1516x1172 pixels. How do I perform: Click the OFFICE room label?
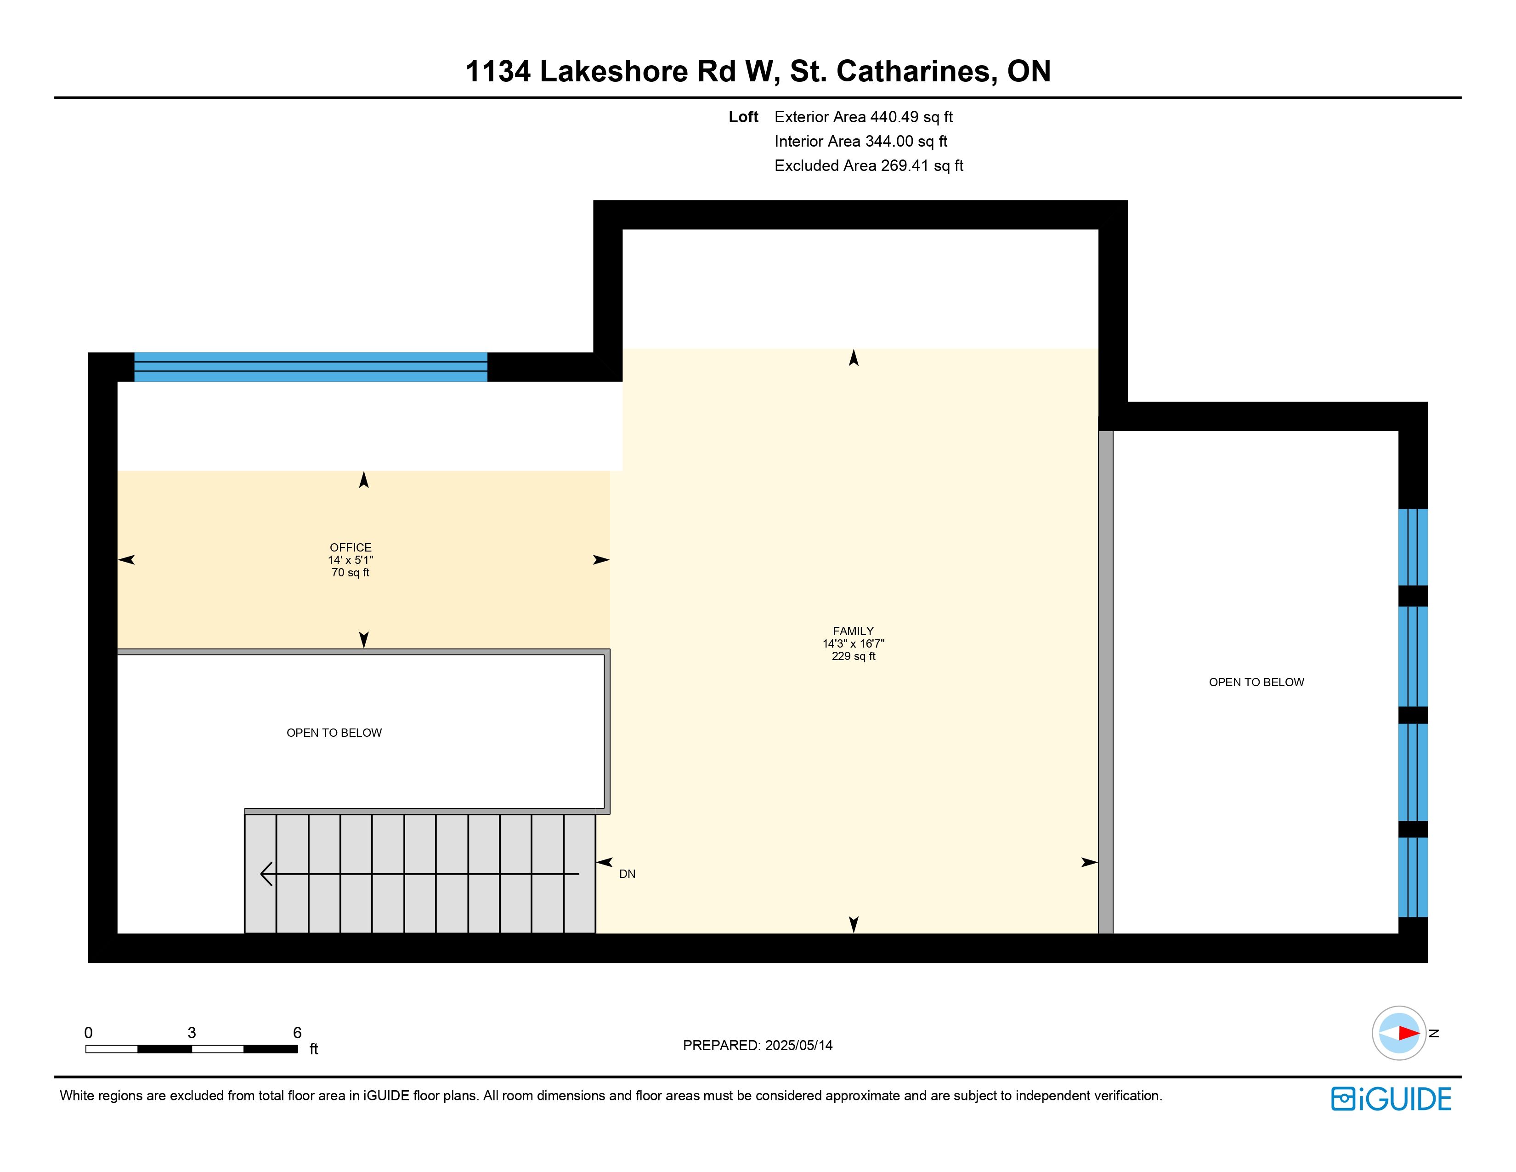tap(351, 548)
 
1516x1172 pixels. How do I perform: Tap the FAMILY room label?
tap(853, 631)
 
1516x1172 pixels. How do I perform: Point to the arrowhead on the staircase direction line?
tap(266, 873)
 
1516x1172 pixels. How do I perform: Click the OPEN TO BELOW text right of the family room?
tap(1256, 683)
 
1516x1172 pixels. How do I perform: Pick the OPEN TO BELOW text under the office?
tap(334, 733)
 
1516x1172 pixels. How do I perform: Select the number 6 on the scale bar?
tap(297, 1032)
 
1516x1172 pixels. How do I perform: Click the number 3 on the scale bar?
tap(192, 1032)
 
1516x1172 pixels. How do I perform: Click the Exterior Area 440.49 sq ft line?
tap(864, 117)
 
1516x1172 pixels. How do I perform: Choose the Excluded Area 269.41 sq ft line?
tap(869, 165)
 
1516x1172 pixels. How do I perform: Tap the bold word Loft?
tap(743, 117)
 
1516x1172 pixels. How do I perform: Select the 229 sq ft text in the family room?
tap(853, 656)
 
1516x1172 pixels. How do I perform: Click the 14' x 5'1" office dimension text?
tap(351, 560)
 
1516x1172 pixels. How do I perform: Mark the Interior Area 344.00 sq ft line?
tap(861, 141)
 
